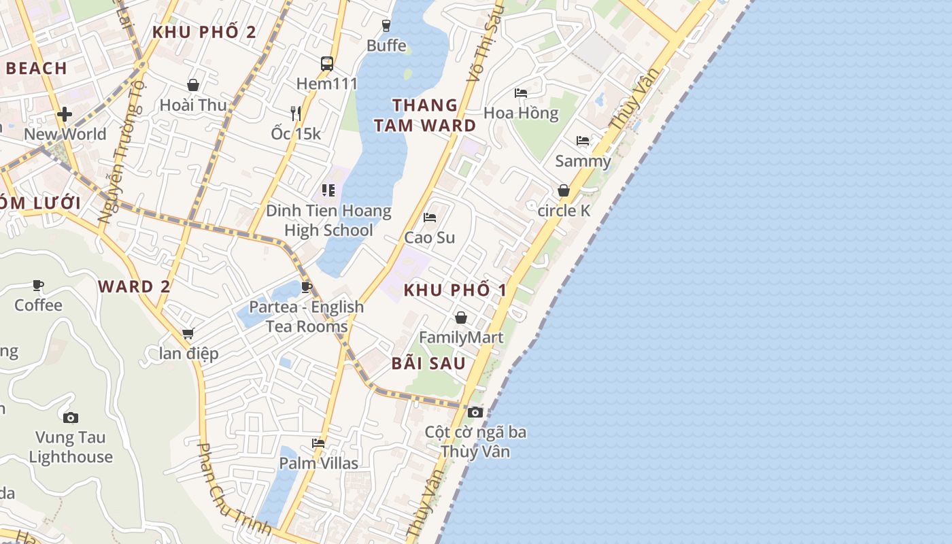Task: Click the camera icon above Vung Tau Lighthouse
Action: coord(70,418)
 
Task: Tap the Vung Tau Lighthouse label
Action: coord(70,447)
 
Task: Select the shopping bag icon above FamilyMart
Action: coord(461,318)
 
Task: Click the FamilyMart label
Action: coord(461,337)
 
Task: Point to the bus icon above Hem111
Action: coord(327,64)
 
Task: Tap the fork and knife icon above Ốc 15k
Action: coord(295,113)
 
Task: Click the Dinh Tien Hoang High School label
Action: coord(328,220)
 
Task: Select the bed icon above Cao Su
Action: coord(430,218)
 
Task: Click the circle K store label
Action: coord(564,211)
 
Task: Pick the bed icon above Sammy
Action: coord(583,141)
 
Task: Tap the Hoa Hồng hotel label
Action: coord(521,113)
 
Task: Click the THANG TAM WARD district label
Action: coord(425,115)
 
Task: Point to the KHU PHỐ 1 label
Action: coord(455,290)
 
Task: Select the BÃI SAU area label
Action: coord(428,363)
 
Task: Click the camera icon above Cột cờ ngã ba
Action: coord(475,412)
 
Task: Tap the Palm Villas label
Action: coord(319,464)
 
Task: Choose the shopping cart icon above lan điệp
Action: coord(188,333)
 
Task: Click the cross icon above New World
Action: coord(65,114)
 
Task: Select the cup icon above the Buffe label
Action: coord(386,26)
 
